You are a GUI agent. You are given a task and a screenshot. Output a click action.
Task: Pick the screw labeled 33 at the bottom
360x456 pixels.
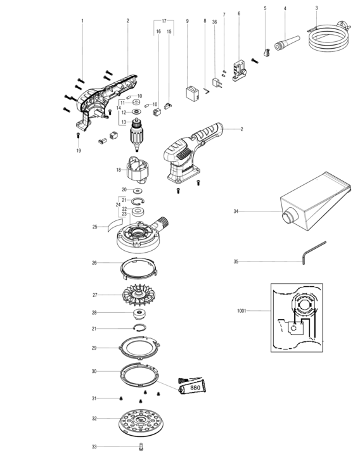(x=141, y=446)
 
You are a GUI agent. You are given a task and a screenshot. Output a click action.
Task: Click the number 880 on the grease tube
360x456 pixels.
(x=195, y=388)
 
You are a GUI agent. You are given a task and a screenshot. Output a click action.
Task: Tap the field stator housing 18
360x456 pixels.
(x=138, y=170)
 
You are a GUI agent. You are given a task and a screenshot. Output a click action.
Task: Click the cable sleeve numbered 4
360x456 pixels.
(x=287, y=43)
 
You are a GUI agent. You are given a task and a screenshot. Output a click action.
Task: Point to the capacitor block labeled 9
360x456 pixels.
(x=193, y=94)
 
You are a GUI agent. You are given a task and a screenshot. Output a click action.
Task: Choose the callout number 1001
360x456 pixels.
(x=241, y=311)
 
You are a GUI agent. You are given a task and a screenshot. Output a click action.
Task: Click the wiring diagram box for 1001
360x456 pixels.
(x=297, y=317)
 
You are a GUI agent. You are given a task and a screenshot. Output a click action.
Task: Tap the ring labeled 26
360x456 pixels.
(x=139, y=269)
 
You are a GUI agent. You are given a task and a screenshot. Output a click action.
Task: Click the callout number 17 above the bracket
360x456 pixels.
(x=164, y=21)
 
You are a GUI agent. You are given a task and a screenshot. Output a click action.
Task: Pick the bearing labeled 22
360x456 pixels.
(x=139, y=212)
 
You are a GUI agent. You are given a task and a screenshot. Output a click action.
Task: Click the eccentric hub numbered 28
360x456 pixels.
(x=139, y=315)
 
